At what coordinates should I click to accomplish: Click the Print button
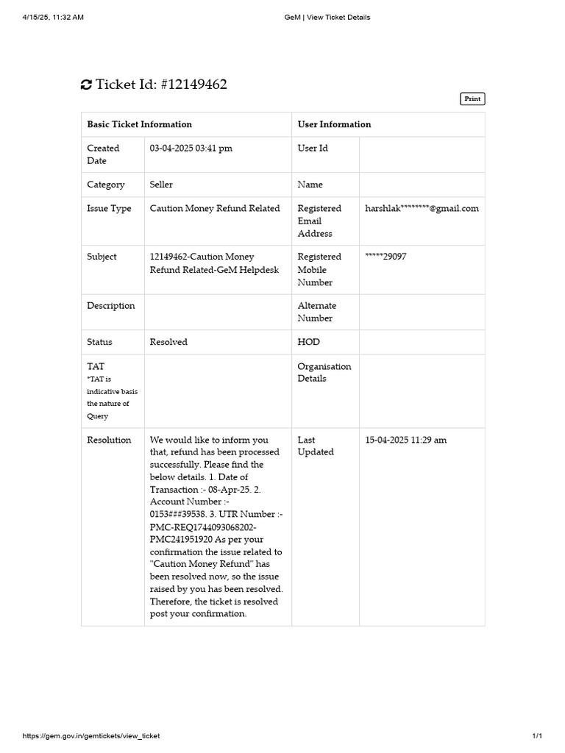pyautogui.click(x=472, y=99)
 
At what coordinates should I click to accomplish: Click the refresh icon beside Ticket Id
pyautogui.click(x=86, y=85)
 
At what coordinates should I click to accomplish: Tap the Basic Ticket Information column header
pyautogui.click(x=139, y=124)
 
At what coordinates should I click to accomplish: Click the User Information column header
pyautogui.click(x=334, y=124)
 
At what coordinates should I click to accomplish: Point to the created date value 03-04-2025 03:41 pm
pyautogui.click(x=191, y=148)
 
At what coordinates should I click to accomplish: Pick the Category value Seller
pyautogui.click(x=161, y=185)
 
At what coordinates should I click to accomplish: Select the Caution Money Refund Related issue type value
pyautogui.click(x=215, y=208)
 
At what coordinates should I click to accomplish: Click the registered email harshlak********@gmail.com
pyautogui.click(x=422, y=208)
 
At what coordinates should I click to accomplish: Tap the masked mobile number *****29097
pyautogui.click(x=385, y=257)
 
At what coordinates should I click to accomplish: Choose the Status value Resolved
pyautogui.click(x=168, y=342)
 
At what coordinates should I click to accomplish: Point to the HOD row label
pyautogui.click(x=308, y=342)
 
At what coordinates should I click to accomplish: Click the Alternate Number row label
pyautogui.click(x=316, y=312)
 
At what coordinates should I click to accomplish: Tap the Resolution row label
pyautogui.click(x=109, y=440)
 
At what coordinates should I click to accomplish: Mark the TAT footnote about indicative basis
pyautogui.click(x=112, y=397)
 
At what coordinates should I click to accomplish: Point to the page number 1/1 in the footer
pyautogui.click(x=536, y=736)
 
